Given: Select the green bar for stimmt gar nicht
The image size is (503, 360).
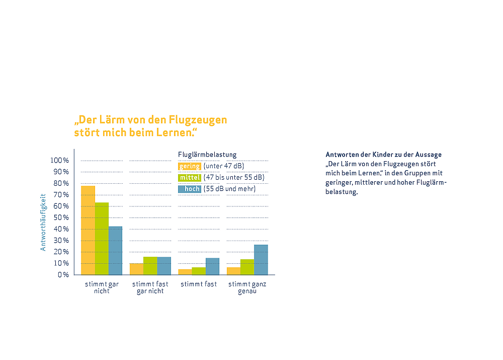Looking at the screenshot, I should (x=102, y=239).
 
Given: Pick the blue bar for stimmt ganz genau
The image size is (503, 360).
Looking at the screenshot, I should (x=261, y=260).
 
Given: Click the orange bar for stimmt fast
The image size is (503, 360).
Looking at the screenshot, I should (x=185, y=272).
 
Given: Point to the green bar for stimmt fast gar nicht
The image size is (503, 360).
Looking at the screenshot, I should (x=150, y=266).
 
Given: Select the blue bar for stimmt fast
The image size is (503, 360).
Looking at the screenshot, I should (x=212, y=266).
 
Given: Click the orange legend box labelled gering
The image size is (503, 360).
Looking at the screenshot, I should (x=190, y=166).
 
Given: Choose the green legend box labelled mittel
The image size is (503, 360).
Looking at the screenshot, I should (x=190, y=178).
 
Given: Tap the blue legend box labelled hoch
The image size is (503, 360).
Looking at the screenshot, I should (x=190, y=189).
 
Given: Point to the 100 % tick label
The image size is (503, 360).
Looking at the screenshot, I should (x=59, y=161).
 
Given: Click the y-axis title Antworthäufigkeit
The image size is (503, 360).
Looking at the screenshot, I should (x=43, y=222).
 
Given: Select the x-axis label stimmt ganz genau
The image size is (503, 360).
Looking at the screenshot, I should (x=247, y=287).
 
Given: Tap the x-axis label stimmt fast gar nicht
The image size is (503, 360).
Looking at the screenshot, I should (x=150, y=287).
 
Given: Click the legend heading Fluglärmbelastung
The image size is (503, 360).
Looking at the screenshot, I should (x=207, y=155).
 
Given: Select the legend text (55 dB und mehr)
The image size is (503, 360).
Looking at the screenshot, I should (x=229, y=189).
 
